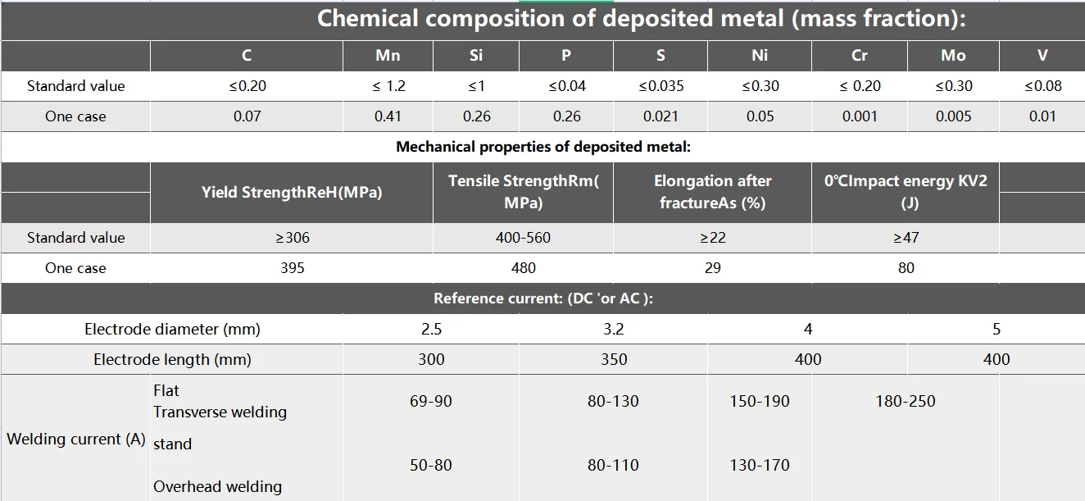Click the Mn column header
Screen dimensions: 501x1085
click(x=388, y=56)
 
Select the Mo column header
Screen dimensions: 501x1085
click(x=953, y=56)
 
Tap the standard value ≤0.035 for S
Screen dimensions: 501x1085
click(x=661, y=86)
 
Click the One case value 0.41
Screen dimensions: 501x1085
click(x=388, y=116)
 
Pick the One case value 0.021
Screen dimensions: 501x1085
click(x=661, y=116)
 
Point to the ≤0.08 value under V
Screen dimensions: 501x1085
click(x=1042, y=86)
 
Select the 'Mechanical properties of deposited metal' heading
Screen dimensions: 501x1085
click(x=543, y=147)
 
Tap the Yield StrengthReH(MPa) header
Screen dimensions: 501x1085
click(x=292, y=193)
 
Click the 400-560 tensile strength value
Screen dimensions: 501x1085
click(x=523, y=238)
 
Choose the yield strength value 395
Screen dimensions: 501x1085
click(x=292, y=268)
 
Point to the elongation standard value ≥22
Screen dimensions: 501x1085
click(x=712, y=238)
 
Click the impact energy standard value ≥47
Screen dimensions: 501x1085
click(x=906, y=238)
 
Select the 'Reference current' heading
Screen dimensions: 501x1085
click(x=542, y=298)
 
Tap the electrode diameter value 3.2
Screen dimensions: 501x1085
click(x=613, y=329)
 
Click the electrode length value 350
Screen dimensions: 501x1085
click(x=613, y=359)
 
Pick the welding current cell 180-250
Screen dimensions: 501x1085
click(x=905, y=401)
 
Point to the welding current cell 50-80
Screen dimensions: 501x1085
click(x=431, y=465)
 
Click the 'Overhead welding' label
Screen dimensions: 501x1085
click(x=217, y=486)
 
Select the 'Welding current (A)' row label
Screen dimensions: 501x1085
click(x=76, y=439)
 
